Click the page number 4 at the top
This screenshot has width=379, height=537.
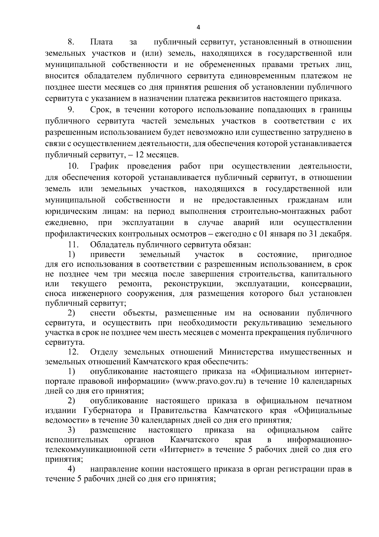198,28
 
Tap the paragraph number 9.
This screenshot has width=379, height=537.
71,110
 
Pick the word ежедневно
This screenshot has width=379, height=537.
67,222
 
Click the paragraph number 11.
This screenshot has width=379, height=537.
73,244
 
